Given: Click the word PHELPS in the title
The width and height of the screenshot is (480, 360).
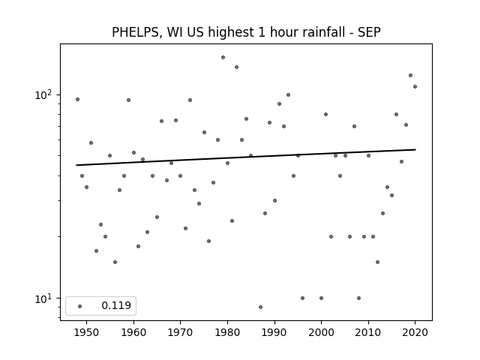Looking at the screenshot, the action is [x=135, y=32].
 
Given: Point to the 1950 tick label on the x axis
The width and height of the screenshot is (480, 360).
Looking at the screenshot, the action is [x=87, y=332].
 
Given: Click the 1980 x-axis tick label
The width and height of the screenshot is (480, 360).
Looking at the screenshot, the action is [x=227, y=332].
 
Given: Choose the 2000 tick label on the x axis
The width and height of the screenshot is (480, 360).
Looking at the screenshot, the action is [x=321, y=332].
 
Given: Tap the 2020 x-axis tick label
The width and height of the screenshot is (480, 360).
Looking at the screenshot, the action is [x=415, y=332].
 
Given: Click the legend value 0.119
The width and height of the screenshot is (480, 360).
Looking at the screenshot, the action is [x=116, y=305].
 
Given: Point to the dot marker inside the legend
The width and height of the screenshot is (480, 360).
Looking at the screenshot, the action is [x=80, y=306].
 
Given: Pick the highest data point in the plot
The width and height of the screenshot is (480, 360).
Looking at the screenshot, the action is [x=223, y=57].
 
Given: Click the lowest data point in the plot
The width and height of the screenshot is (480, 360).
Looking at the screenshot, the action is [x=260, y=307].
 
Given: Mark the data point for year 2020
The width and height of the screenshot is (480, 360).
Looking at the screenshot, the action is [x=415, y=87].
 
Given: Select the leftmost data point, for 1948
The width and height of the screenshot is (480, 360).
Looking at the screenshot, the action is [x=77, y=100].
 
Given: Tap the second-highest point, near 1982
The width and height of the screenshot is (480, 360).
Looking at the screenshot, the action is [x=237, y=67].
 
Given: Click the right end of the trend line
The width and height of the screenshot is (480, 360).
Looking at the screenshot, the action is [x=415, y=149].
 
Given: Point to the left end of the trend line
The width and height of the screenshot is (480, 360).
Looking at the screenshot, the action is [x=76, y=165].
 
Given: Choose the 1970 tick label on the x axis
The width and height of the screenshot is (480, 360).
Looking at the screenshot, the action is [x=181, y=332].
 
